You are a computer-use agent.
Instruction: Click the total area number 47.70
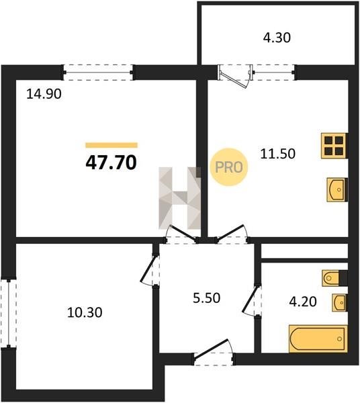pyautogui.click(x=111, y=163)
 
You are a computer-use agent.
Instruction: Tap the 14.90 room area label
pyautogui.click(x=44, y=94)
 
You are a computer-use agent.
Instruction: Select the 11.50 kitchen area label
pyautogui.click(x=278, y=154)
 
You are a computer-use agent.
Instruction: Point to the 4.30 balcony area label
pyautogui.click(x=277, y=38)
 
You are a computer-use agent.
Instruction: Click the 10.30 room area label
pyautogui.click(x=85, y=312)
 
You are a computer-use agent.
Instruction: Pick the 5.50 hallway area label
pyautogui.click(x=207, y=298)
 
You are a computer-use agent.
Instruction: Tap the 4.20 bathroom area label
pyautogui.click(x=303, y=302)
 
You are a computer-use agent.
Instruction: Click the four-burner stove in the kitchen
pyautogui.click(x=334, y=146)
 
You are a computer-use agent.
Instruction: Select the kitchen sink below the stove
pyautogui.click(x=337, y=189)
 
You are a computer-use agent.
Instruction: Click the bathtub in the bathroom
pyautogui.click(x=318, y=339)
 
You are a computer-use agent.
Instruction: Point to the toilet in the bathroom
pyautogui.click(x=334, y=277)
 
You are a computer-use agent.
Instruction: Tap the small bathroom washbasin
pyautogui.click(x=340, y=303)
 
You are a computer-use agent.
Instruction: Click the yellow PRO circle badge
pyautogui.click(x=228, y=167)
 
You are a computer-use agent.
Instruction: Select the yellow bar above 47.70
pyautogui.click(x=111, y=145)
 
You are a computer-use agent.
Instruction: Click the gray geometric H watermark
pyautogui.click(x=179, y=198)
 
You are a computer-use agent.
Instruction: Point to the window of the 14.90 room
pyautogui.click(x=98, y=73)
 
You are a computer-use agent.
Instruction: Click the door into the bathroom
pyautogui.click(x=253, y=300)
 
